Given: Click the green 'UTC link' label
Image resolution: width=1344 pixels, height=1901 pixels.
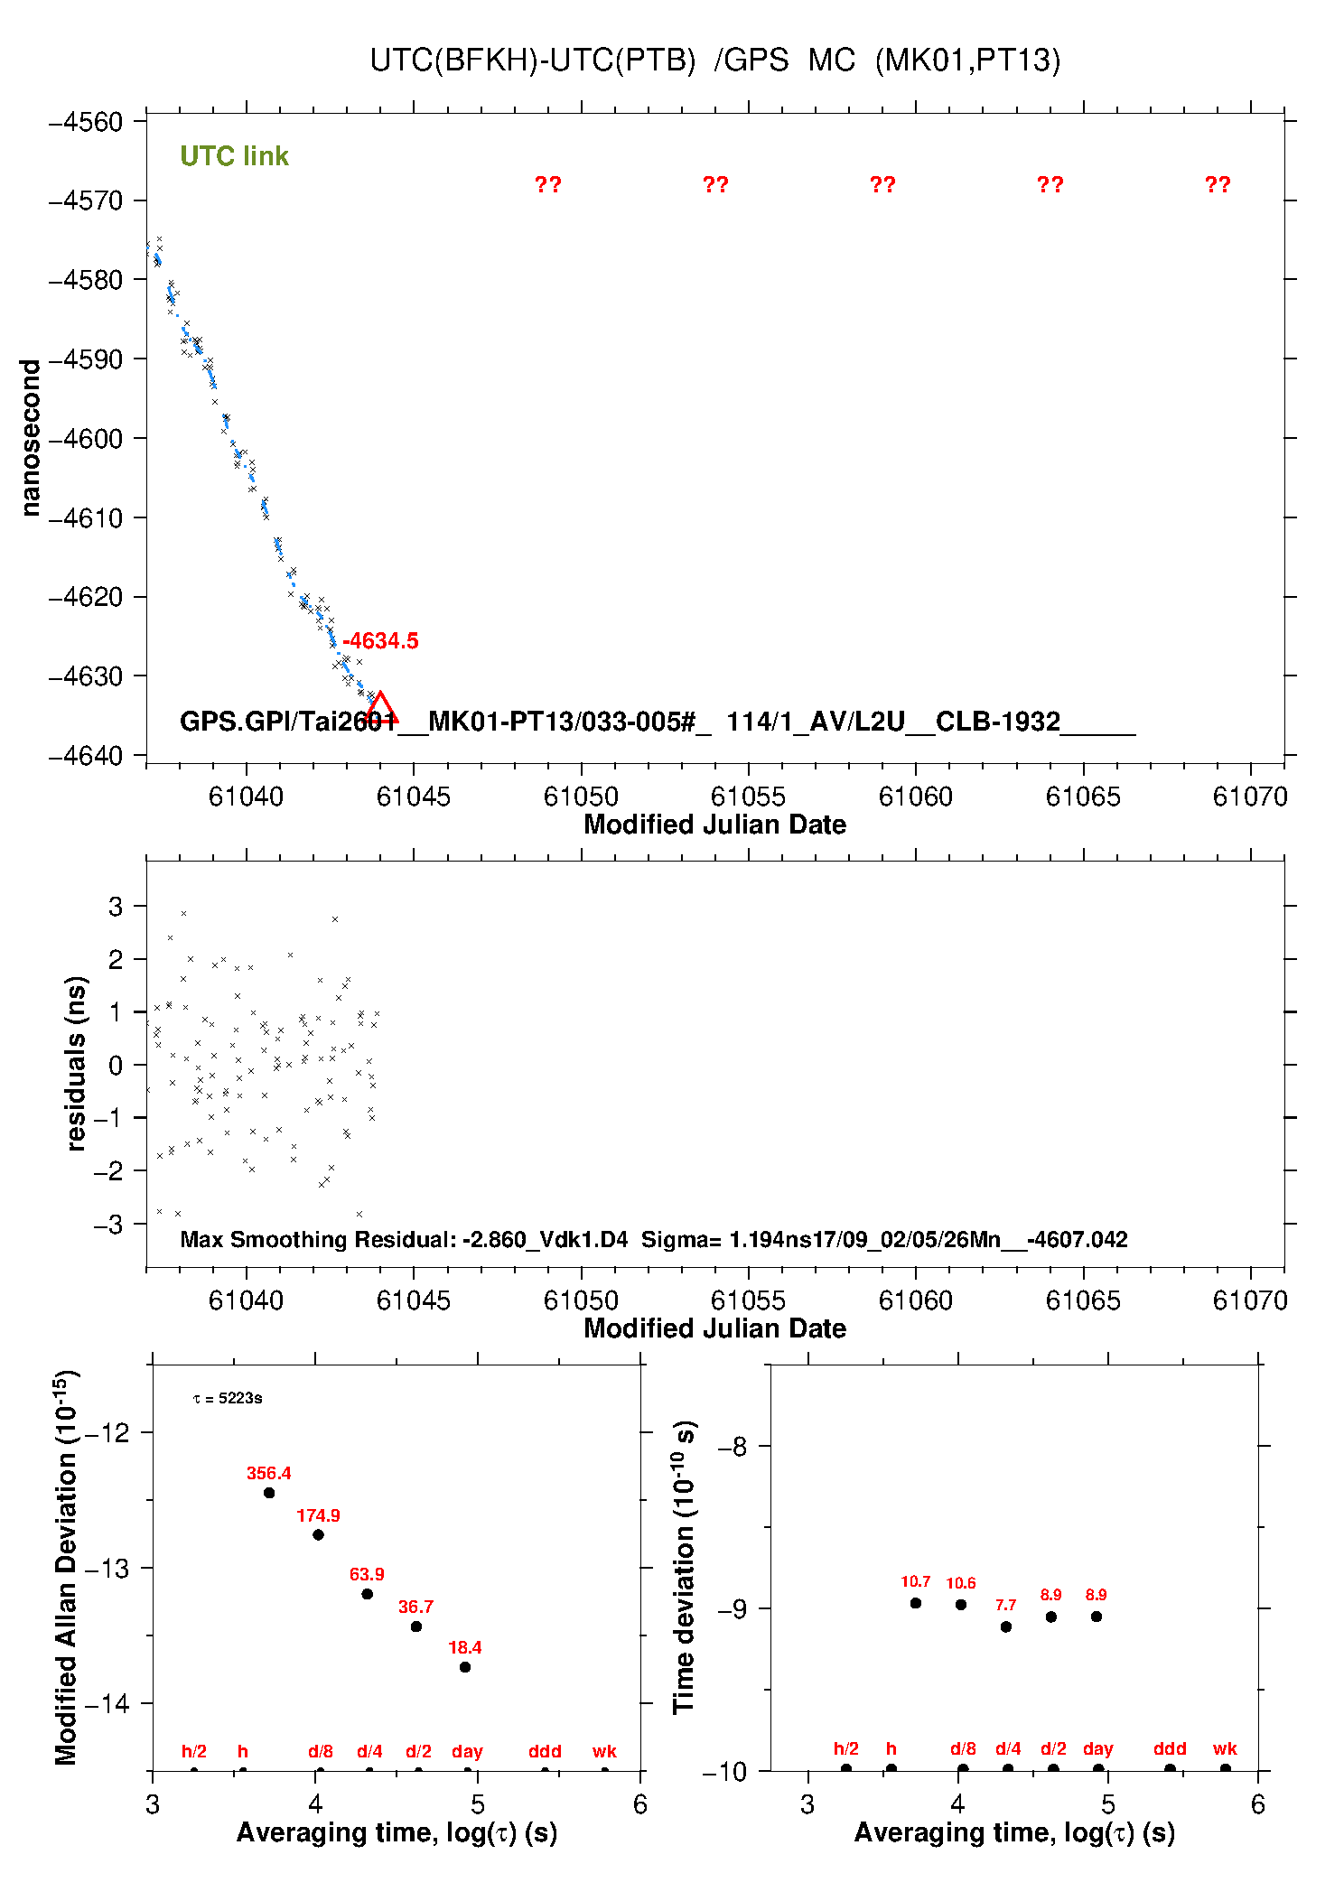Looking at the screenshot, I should (x=234, y=156).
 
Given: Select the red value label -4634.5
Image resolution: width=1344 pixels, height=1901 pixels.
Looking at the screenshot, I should (x=380, y=641).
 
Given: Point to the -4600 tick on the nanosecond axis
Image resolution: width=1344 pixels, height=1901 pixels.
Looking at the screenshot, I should (x=86, y=439).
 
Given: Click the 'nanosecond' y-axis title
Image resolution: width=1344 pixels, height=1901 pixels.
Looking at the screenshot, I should (x=31, y=438).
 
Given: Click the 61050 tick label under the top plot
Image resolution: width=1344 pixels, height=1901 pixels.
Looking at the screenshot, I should (x=581, y=797).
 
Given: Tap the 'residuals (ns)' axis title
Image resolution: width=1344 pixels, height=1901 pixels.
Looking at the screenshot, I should (x=77, y=1063).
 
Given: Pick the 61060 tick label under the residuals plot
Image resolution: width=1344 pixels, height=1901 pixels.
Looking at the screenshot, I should (x=915, y=1300).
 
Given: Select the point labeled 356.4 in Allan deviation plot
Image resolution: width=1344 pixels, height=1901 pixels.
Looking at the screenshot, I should (x=269, y=1493).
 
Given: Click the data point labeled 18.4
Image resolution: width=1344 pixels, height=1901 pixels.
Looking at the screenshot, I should (x=465, y=1667).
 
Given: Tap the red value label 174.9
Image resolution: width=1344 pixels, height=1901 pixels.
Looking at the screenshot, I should (x=318, y=1515).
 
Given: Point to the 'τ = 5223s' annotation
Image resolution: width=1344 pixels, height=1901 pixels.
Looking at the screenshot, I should (x=228, y=1399).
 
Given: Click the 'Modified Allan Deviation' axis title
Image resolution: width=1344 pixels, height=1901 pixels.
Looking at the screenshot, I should (x=66, y=1567).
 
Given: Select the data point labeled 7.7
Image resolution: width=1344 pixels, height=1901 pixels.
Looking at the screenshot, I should (x=1006, y=1626).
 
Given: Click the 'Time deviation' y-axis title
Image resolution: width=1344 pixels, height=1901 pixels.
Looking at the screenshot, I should (x=684, y=1567).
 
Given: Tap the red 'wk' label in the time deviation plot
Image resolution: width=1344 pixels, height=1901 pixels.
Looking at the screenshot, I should (x=1225, y=1748).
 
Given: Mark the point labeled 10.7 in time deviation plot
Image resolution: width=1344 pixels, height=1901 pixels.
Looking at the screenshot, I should (x=916, y=1603).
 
